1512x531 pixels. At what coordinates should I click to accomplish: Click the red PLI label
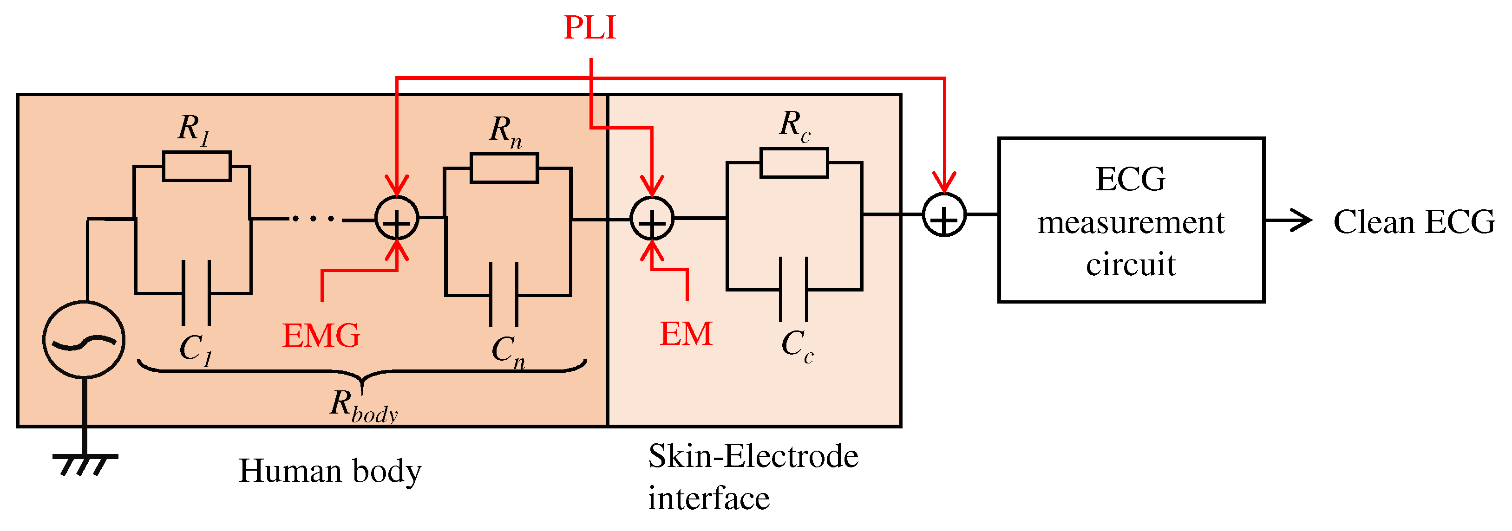(x=589, y=27)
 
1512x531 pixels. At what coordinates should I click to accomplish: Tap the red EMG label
(x=321, y=336)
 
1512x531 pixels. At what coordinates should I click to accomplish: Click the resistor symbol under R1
(x=196, y=166)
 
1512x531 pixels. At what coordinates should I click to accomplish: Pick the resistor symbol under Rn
(x=504, y=168)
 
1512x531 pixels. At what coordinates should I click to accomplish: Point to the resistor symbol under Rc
(x=793, y=162)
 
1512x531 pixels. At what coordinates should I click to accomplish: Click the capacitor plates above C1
(x=196, y=292)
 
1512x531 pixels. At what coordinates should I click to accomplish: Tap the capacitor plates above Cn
(x=504, y=295)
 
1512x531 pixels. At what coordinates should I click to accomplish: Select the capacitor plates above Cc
(x=793, y=289)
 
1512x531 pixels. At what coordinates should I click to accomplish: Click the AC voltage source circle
(x=84, y=339)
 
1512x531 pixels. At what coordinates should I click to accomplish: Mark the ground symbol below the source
(x=85, y=464)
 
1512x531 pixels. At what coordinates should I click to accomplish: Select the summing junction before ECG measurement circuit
(x=944, y=215)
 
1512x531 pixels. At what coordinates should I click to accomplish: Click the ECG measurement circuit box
(x=1131, y=220)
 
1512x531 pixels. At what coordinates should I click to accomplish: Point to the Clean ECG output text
(x=1414, y=222)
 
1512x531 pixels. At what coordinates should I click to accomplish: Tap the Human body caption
(x=330, y=471)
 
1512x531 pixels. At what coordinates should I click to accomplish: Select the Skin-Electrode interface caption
(x=753, y=476)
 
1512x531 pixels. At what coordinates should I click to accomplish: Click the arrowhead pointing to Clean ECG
(x=1302, y=220)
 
